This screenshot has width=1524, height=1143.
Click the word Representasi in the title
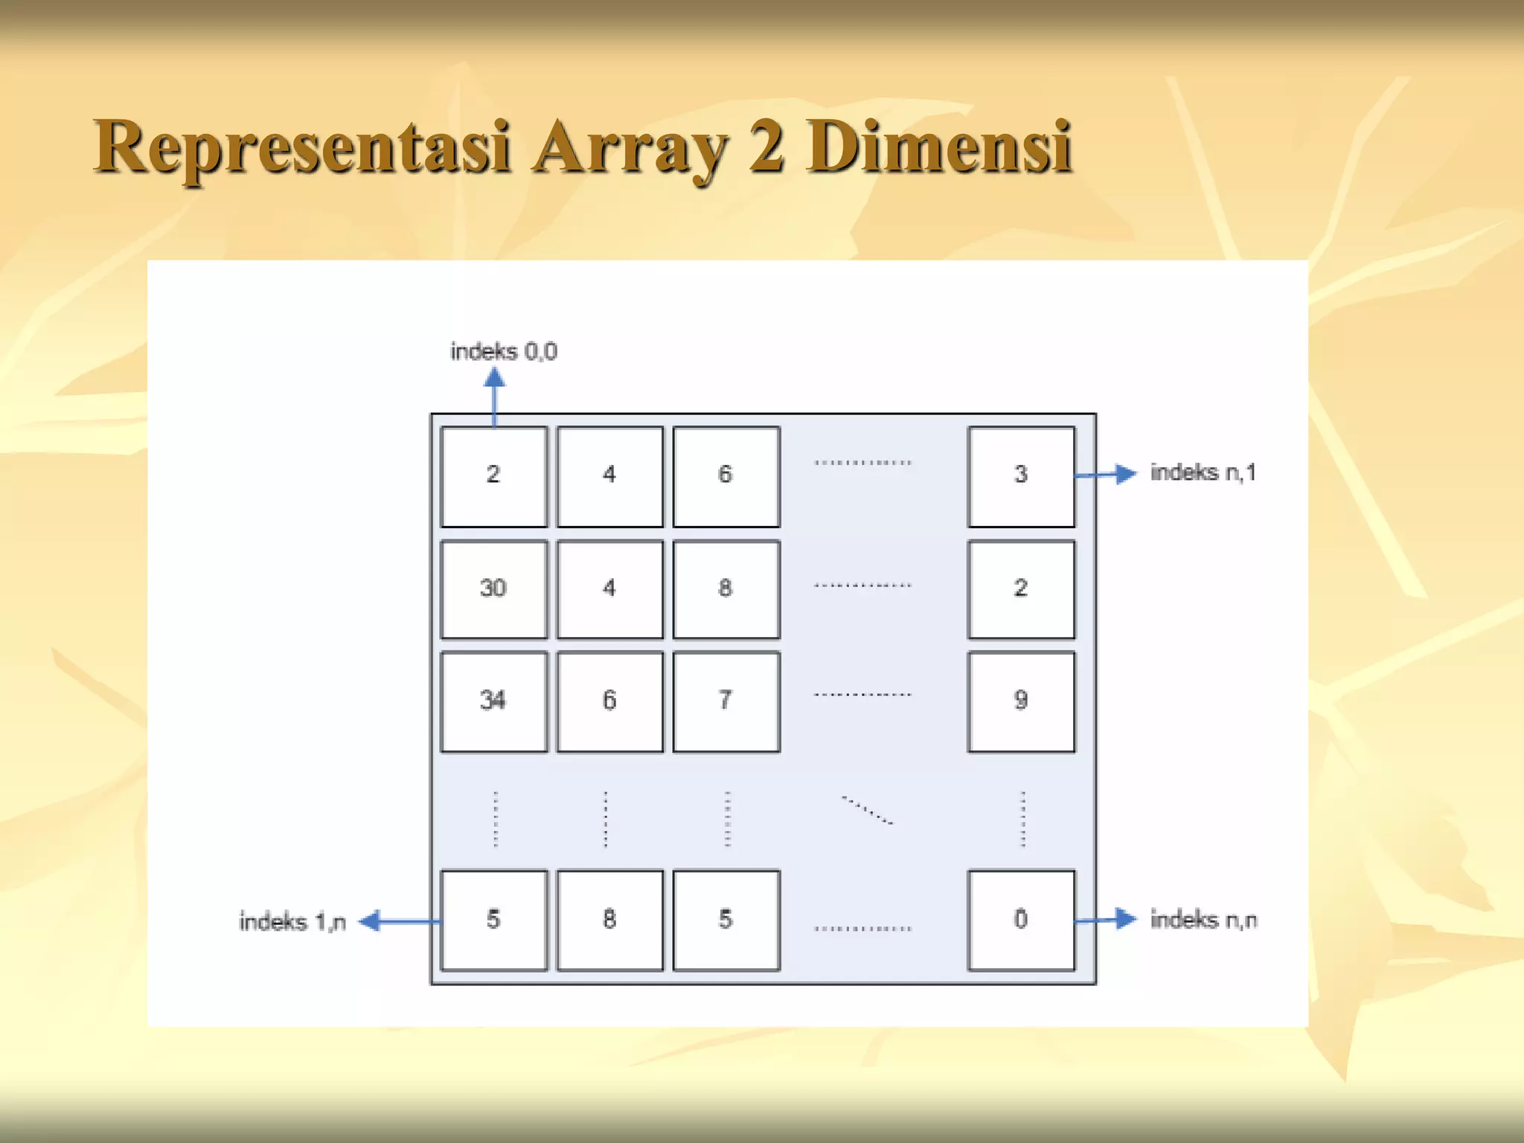tap(302, 147)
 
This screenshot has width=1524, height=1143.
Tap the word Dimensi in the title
tap(939, 147)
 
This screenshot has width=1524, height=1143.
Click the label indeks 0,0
tap(503, 351)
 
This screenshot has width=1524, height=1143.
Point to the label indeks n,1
tap(1203, 473)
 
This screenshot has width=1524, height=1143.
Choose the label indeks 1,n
tap(292, 922)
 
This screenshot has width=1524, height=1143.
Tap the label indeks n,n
tap(1203, 920)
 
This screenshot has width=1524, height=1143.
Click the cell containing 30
tap(493, 589)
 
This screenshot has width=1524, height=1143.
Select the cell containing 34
tap(493, 701)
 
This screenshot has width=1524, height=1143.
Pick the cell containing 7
tap(726, 701)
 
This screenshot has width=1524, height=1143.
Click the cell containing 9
tap(1021, 701)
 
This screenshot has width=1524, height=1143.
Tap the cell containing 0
tap(1021, 920)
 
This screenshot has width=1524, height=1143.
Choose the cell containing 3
tap(1021, 476)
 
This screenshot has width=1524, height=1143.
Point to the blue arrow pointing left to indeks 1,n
tap(398, 921)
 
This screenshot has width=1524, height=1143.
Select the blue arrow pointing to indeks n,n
tap(1106, 920)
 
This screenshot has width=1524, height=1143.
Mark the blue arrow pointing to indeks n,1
tap(1106, 474)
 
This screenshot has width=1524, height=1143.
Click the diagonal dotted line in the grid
tap(867, 810)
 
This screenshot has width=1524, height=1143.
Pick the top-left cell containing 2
tap(493, 476)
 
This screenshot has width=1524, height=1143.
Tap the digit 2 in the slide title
tap(766, 147)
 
